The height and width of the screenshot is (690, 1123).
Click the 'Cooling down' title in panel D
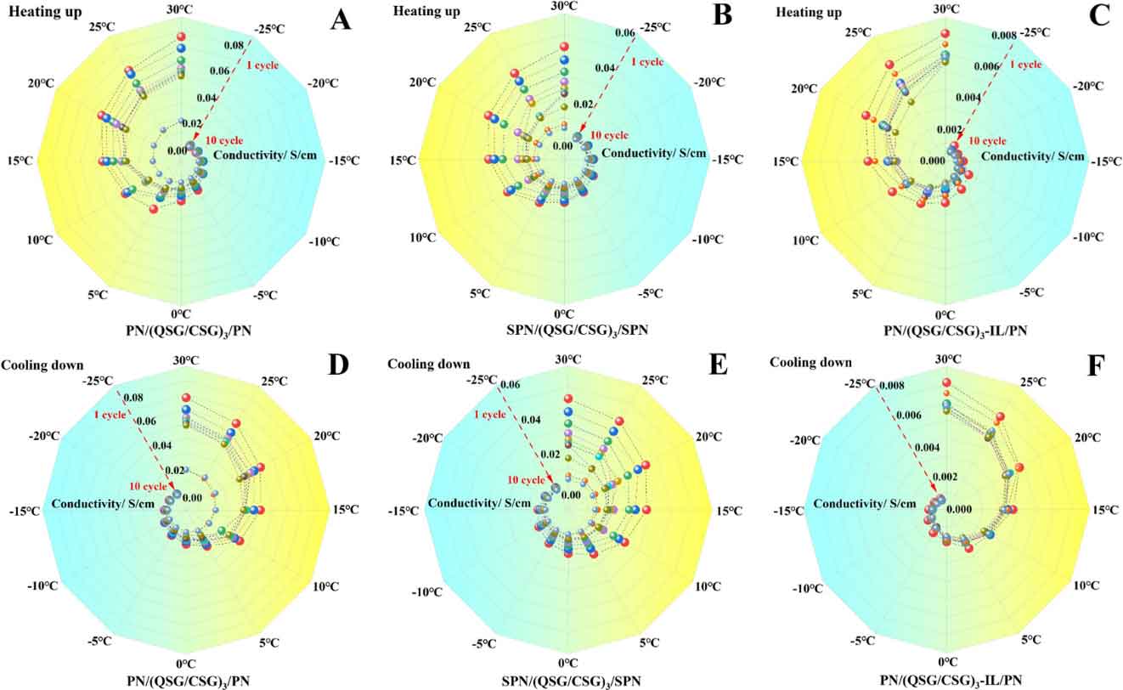tap(42, 365)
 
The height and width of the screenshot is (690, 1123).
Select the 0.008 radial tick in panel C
tap(1002, 36)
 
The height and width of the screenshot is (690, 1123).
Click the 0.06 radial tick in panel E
tap(510, 385)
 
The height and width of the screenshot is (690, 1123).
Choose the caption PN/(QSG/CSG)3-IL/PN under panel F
tap(945, 680)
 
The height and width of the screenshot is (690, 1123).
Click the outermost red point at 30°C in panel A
tap(180, 37)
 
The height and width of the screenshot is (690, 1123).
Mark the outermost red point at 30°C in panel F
tap(945, 383)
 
